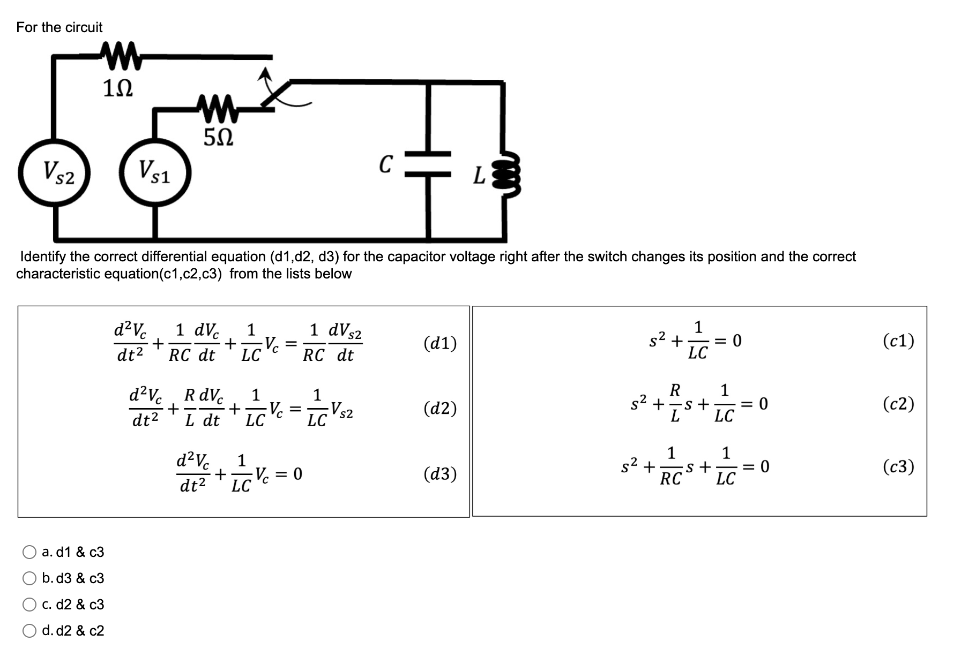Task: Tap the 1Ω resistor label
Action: click(x=117, y=88)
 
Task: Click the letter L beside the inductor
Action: click(x=479, y=176)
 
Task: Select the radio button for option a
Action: click(x=29, y=552)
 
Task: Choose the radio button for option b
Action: click(x=29, y=578)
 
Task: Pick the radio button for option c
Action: click(x=29, y=605)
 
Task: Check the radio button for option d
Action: click(x=29, y=631)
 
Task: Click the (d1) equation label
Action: click(x=440, y=343)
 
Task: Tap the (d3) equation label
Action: click(x=440, y=474)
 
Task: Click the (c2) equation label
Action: click(x=898, y=404)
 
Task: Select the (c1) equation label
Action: click(x=898, y=341)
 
